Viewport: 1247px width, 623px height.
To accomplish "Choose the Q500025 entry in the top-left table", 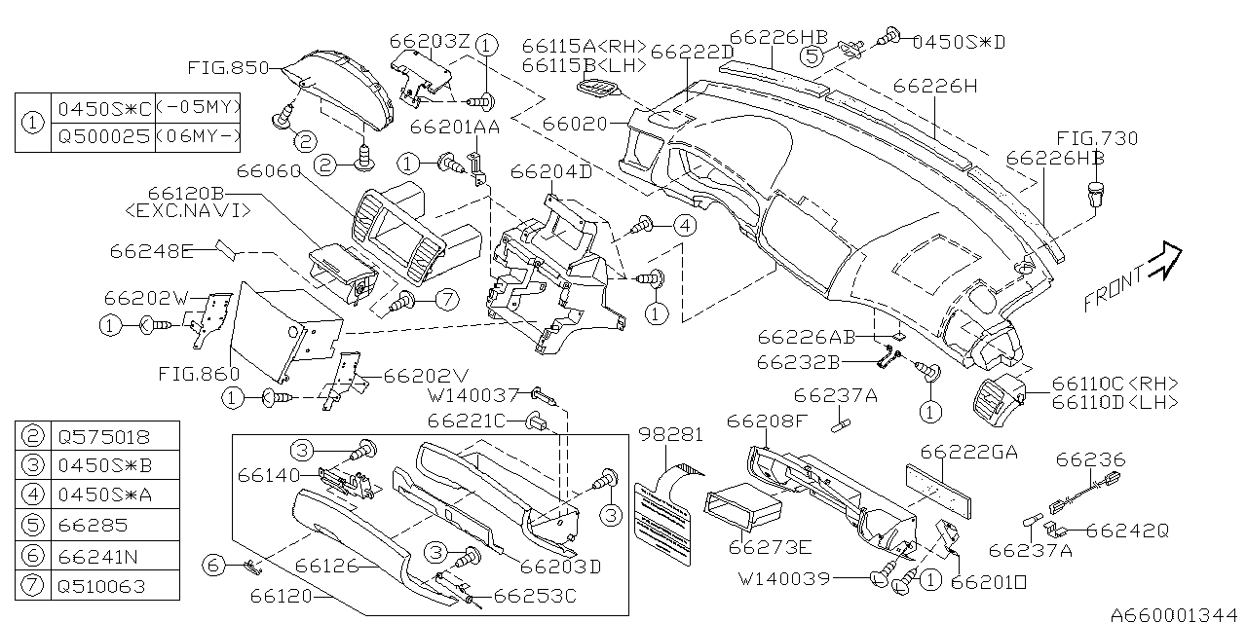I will [103, 137].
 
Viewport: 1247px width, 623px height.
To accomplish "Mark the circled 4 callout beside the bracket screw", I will [685, 226].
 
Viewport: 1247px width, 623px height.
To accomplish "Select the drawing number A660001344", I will [1177, 613].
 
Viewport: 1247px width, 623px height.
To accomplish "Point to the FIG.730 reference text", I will [1097, 139].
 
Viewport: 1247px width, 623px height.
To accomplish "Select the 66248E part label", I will [151, 251].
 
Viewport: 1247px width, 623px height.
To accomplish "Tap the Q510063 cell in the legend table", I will [103, 586].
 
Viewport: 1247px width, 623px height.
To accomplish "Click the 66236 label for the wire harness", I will [1090, 459].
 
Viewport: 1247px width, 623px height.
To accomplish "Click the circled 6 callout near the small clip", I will [213, 564].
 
